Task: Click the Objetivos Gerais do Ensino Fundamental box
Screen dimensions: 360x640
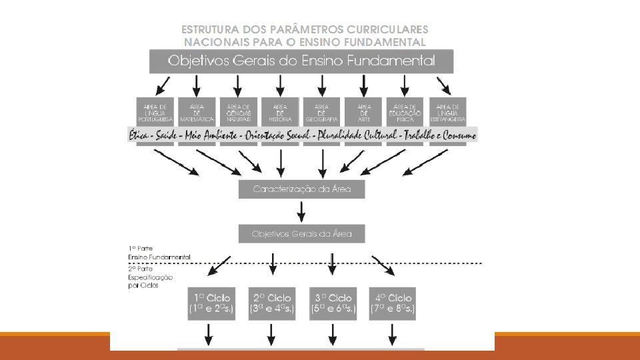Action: [301, 61]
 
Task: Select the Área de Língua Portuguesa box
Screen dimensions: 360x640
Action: [155, 112]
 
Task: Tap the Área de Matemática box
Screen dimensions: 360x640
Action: [197, 112]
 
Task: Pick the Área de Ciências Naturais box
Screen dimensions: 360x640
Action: [238, 112]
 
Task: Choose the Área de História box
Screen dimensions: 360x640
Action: [280, 112]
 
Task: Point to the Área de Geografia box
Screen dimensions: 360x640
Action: [321, 112]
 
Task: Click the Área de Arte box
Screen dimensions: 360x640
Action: [363, 112]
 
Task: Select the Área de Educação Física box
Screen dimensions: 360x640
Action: [405, 112]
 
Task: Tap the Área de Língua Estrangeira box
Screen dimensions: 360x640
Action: [447, 112]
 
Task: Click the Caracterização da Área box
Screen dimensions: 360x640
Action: [302, 189]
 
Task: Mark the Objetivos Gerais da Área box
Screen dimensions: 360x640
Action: [302, 234]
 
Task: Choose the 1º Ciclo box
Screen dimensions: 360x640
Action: [211, 303]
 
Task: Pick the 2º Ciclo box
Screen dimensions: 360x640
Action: [271, 303]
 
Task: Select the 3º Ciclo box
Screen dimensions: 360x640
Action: [332, 303]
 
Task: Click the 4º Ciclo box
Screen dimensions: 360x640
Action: [392, 303]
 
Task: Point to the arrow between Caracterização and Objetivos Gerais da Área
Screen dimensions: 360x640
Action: [302, 211]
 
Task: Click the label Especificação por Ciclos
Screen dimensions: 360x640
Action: [151, 281]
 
